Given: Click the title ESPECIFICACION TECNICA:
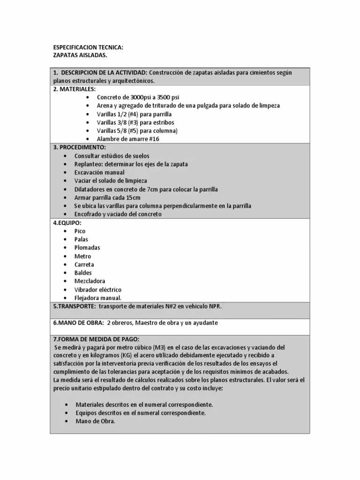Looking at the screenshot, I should click(x=89, y=47).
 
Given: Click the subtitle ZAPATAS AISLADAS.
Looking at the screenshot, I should click(x=80, y=55).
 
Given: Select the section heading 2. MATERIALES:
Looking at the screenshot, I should click(x=75, y=89).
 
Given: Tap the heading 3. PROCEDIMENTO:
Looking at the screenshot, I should click(x=80, y=147).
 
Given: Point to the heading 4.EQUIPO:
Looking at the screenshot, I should click(x=67, y=223).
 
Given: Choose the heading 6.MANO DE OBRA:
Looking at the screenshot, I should click(x=78, y=323).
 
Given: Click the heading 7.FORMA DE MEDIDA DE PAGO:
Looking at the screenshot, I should click(x=96, y=339).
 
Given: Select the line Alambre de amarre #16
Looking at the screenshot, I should click(x=128, y=139).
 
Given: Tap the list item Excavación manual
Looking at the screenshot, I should click(x=99, y=172).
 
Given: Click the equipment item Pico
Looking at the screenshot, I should click(x=80, y=231).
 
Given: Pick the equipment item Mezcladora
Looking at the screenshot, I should click(x=90, y=281).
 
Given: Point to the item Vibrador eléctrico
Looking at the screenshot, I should click(x=97, y=290).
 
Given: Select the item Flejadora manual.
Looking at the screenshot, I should click(x=97, y=298).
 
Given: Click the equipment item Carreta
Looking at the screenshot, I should click(x=84, y=264).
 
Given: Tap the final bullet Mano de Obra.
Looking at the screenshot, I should click(x=95, y=421).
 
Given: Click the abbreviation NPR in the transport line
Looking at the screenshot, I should click(x=214, y=306).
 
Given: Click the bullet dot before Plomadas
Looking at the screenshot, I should click(x=65, y=248).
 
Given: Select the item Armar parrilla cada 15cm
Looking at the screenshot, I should click(x=107, y=198).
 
